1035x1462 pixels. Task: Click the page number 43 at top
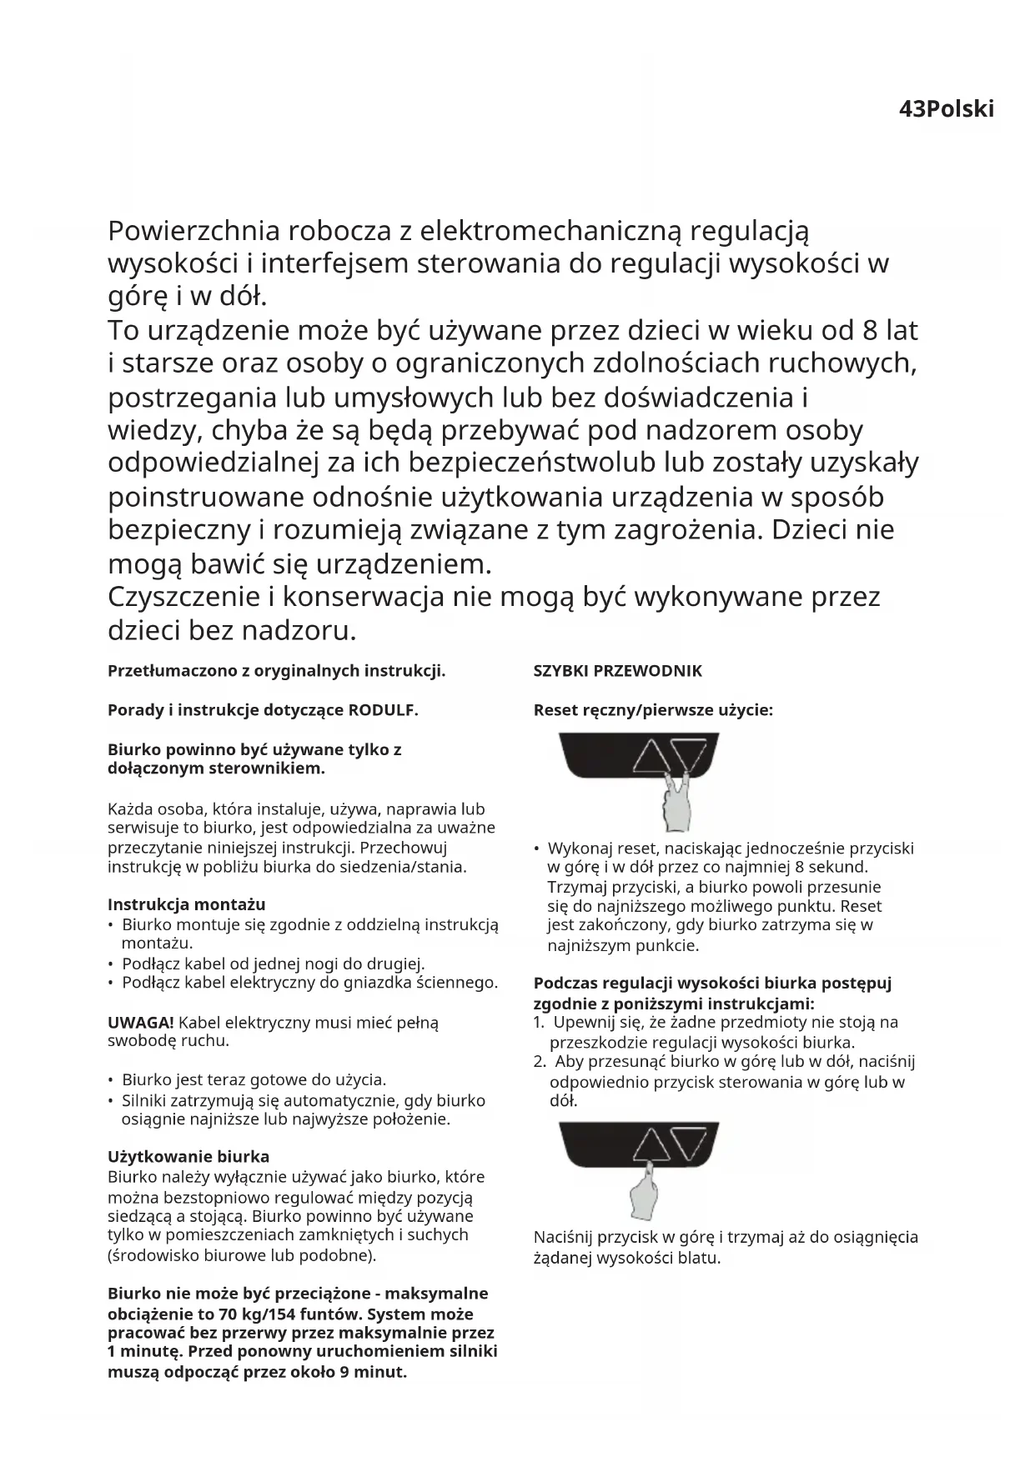tap(912, 110)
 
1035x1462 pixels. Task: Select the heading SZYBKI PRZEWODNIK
tap(617, 671)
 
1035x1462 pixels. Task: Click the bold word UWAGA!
tap(141, 1022)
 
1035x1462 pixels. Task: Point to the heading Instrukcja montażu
tap(187, 904)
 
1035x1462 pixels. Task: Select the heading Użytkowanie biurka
tap(188, 1157)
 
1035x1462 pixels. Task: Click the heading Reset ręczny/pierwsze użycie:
tap(653, 710)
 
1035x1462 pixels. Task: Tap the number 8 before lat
tap(870, 331)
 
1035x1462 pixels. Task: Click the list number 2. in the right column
tap(540, 1061)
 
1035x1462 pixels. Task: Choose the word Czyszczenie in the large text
tap(184, 598)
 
